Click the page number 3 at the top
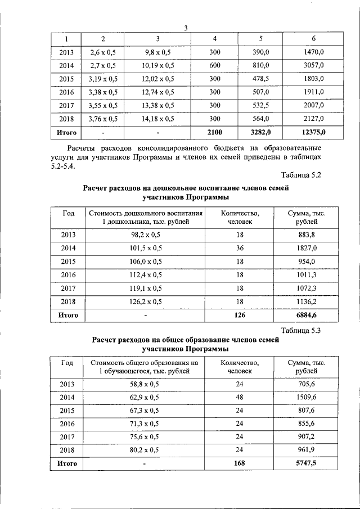[x=185, y=29]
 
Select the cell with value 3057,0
[x=313, y=65]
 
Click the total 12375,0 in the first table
[x=313, y=133]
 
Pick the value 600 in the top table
[x=215, y=65]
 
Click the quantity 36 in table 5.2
[x=240, y=248]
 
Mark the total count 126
[x=240, y=315]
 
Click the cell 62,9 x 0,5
[x=145, y=397]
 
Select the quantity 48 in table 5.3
[x=240, y=397]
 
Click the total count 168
[x=240, y=464]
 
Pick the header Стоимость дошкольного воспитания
[x=145, y=213]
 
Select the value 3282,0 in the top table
[x=260, y=133]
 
